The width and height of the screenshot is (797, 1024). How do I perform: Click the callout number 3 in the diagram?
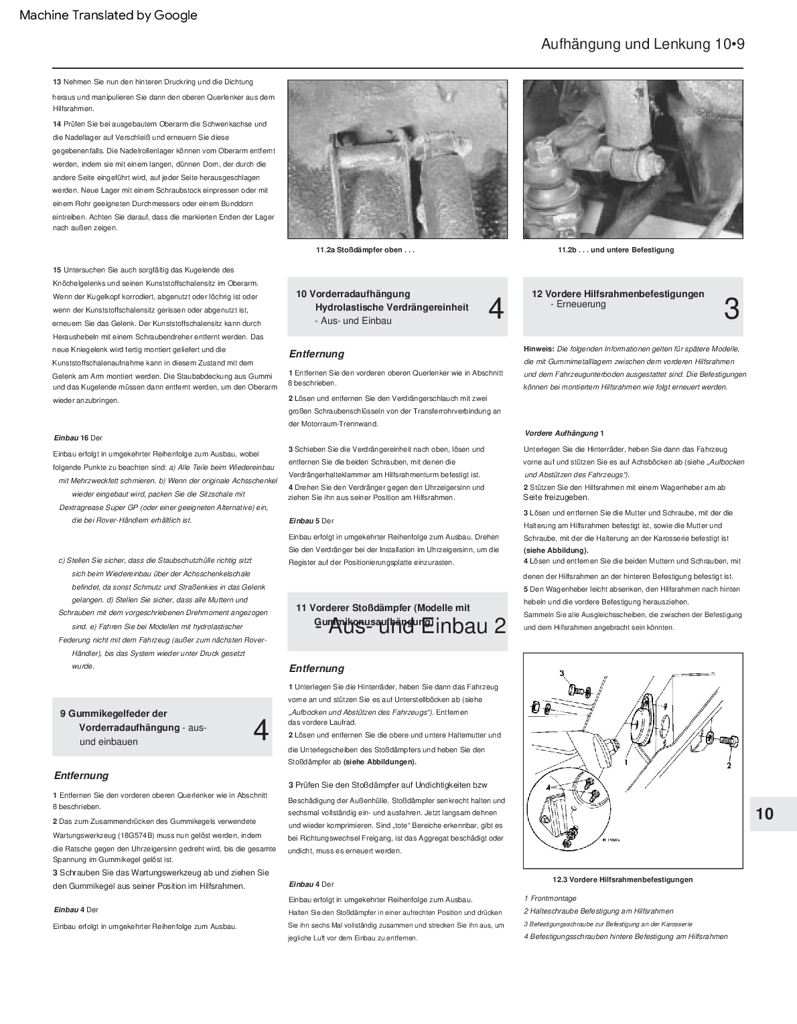[562, 673]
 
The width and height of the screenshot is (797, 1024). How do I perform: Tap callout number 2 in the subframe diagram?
[728, 764]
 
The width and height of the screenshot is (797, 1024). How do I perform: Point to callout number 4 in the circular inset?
[548, 787]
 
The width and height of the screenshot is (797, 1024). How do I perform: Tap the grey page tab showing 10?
[765, 813]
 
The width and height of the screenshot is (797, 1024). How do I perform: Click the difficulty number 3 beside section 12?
[731, 309]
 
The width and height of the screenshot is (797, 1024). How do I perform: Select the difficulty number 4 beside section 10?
[496, 309]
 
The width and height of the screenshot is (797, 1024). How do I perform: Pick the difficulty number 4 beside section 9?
[261, 730]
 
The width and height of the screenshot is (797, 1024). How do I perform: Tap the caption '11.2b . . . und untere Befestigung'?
[615, 250]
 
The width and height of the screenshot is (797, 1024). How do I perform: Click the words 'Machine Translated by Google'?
[108, 15]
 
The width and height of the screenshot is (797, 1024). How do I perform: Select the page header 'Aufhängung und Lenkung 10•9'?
[642, 44]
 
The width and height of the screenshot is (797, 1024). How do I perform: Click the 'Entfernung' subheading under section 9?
[81, 776]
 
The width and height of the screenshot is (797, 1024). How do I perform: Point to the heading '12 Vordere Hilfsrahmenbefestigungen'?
[618, 294]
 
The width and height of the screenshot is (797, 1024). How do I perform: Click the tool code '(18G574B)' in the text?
[135, 836]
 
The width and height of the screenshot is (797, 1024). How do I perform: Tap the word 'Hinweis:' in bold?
[538, 349]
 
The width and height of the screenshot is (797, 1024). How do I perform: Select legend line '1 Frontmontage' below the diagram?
[550, 898]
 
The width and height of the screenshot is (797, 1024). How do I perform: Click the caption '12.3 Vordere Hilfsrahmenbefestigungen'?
[618, 879]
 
